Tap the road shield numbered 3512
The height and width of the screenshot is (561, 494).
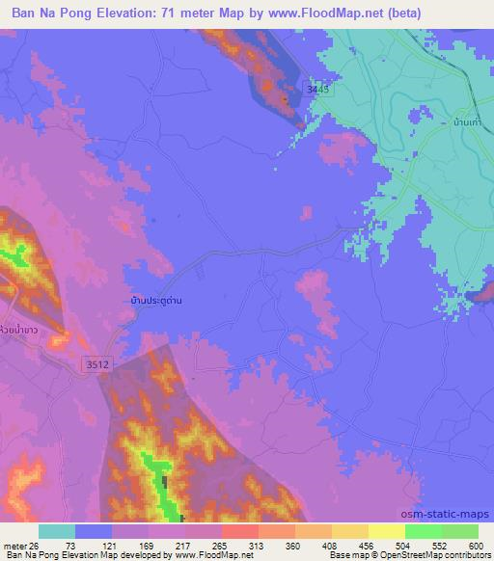click(95, 364)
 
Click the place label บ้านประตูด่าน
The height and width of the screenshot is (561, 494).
click(157, 300)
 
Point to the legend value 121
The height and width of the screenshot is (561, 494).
click(117, 545)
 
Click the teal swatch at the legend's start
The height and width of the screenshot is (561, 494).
click(56, 531)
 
